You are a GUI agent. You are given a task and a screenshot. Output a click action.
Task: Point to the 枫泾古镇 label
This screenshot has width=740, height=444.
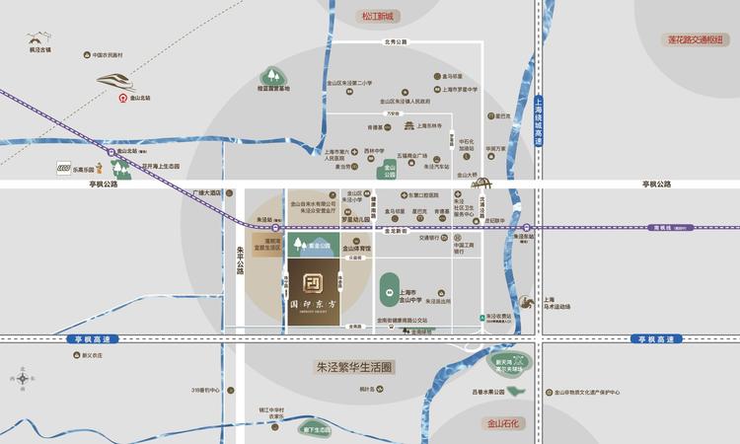pyautogui.click(x=40, y=49)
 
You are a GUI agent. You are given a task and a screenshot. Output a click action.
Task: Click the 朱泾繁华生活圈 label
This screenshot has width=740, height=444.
pyautogui.click(x=354, y=366)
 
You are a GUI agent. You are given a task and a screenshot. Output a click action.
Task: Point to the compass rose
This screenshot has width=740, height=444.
pyautogui.click(x=21, y=377)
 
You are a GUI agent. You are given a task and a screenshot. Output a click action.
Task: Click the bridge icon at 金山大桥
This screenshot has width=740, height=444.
pyautogui.click(x=481, y=182)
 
